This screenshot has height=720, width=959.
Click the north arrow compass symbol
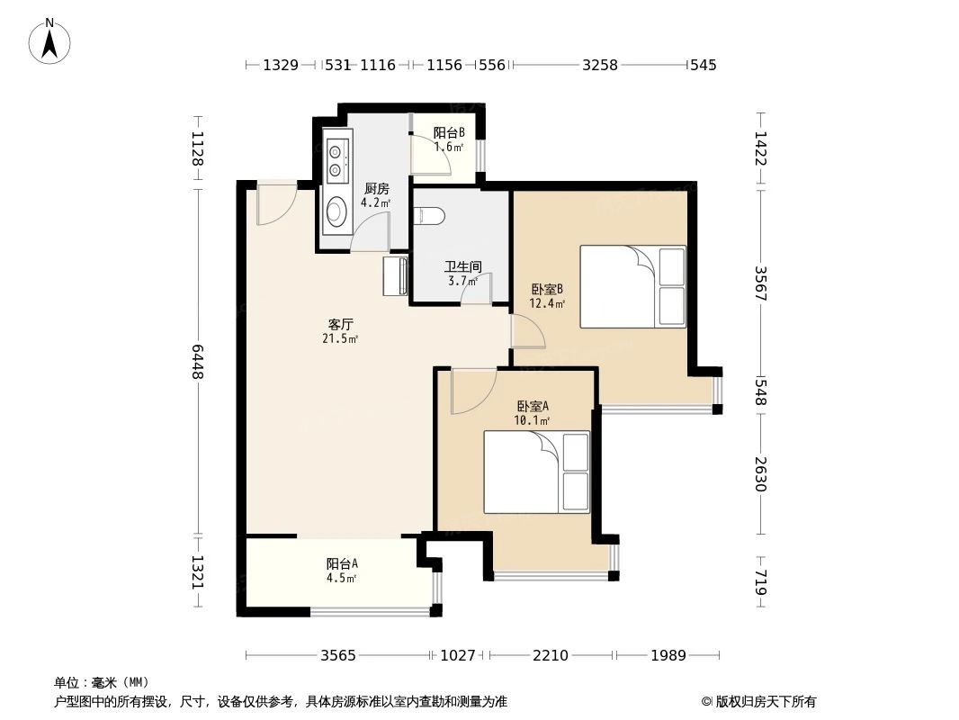[x=50, y=40]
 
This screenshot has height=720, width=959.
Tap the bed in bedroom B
[x=632, y=286]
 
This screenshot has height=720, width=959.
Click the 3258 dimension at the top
[x=600, y=65]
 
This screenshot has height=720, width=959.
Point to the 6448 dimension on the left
[x=197, y=359]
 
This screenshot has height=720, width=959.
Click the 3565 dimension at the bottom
[x=339, y=655]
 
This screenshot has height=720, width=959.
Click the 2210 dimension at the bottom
[x=550, y=655]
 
